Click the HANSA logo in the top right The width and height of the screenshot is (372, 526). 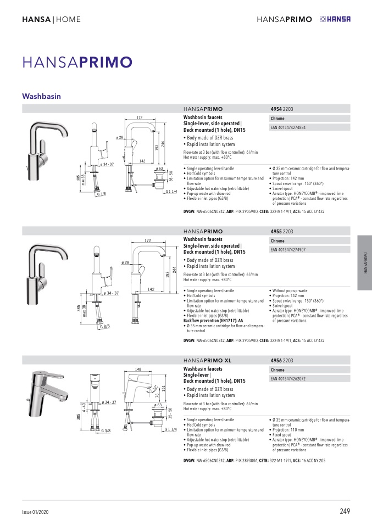pyautogui.click(x=335, y=19)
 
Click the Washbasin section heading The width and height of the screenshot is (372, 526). pyautogui.click(x=41, y=96)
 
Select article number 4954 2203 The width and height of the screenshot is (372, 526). pyautogui.click(x=282, y=109)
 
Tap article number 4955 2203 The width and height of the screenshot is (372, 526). pyautogui.click(x=282, y=232)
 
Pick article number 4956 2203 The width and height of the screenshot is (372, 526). pyautogui.click(x=282, y=361)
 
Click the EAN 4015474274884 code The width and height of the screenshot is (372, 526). pyautogui.click(x=288, y=127)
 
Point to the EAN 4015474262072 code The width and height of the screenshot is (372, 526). pyautogui.click(x=288, y=379)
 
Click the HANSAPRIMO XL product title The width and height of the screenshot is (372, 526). pyautogui.click(x=208, y=361)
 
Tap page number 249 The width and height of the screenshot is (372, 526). pyautogui.click(x=345, y=511)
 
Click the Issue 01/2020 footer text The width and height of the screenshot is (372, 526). pyautogui.click(x=35, y=512)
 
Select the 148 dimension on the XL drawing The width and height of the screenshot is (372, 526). pyautogui.click(x=138, y=369)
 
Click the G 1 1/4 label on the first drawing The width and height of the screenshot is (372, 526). pyautogui.click(x=171, y=192)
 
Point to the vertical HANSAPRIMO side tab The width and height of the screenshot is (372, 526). pyautogui.click(x=365, y=262)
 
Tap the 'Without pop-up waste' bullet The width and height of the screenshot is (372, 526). pyautogui.click(x=290, y=291)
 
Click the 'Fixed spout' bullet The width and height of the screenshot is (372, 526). pyautogui.click(x=282, y=435)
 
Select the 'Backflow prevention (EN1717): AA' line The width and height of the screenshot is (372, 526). pyautogui.click(x=213, y=321)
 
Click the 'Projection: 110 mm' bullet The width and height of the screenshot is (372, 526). pyautogui.click(x=288, y=430)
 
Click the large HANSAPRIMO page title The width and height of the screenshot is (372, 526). pyautogui.click(x=77, y=63)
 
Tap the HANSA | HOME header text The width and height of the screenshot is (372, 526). pyautogui.click(x=51, y=19)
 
